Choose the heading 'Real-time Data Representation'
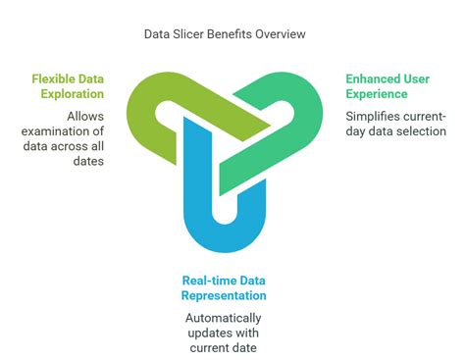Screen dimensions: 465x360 223,287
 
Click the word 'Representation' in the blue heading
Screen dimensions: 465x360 223,295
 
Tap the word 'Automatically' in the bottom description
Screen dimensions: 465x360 223,318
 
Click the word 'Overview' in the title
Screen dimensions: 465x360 280,33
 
